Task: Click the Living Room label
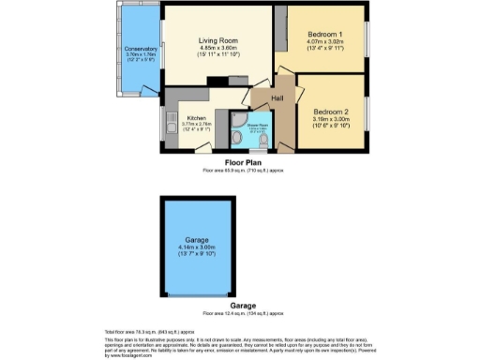point(217,40)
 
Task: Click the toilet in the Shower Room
point(235,142)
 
